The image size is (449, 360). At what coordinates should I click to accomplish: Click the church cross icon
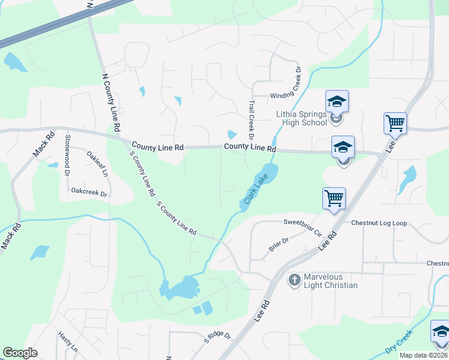tap(294, 280)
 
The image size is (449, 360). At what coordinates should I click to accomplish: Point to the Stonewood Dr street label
tap(67, 155)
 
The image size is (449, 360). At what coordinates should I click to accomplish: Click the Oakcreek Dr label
tap(88, 193)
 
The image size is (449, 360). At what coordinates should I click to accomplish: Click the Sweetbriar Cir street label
tap(303, 226)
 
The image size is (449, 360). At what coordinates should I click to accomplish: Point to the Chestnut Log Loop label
tap(379, 223)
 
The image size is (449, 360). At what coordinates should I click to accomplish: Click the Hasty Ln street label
tap(67, 341)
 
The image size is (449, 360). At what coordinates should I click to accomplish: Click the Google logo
tap(20, 353)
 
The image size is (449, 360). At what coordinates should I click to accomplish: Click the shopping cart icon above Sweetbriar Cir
tap(333, 197)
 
